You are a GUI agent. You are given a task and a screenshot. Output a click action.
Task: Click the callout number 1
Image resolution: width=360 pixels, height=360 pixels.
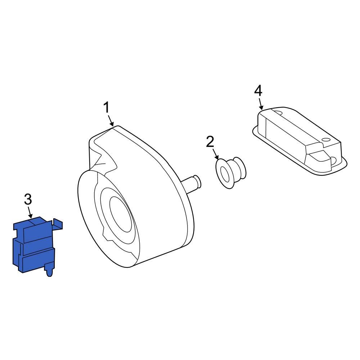point(106,107)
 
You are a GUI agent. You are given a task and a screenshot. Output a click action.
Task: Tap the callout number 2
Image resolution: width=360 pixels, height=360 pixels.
point(210,141)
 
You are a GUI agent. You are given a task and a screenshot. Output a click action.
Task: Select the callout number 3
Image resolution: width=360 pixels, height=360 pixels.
point(28,199)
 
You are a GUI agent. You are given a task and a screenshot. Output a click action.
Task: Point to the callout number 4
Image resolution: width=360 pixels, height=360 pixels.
point(258,90)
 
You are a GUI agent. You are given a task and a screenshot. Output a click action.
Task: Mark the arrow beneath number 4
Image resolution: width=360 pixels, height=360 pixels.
point(260,104)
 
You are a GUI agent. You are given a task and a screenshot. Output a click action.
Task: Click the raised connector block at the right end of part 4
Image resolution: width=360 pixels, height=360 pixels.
point(322,158)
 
